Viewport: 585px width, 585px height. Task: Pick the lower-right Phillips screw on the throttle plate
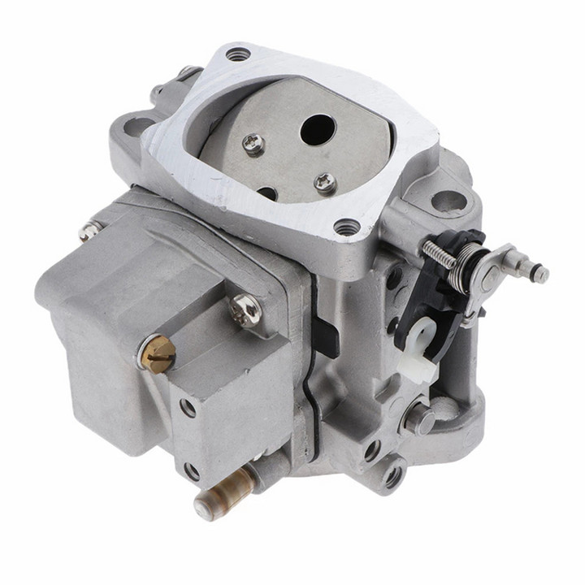point(326,184)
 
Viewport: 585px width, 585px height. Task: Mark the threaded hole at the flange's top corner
point(237,55)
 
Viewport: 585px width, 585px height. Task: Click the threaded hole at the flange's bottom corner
point(347,228)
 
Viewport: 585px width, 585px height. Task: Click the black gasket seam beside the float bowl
point(310,382)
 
